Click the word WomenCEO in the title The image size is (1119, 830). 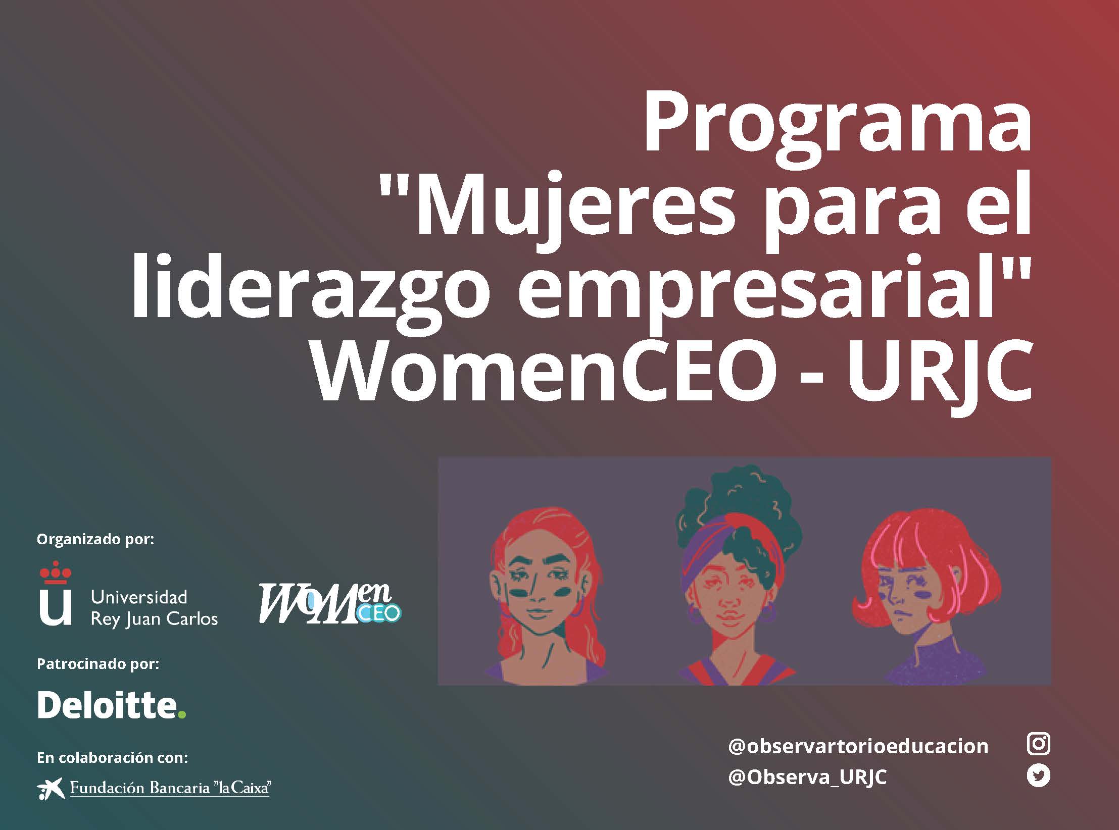coord(543,371)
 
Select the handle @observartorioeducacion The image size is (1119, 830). coord(858,746)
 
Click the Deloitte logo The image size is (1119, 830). coord(112,704)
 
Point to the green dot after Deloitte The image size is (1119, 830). coord(182,714)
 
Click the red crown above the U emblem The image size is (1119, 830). coord(56,573)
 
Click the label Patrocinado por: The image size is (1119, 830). coord(98,663)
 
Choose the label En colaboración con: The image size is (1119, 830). coord(112,757)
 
